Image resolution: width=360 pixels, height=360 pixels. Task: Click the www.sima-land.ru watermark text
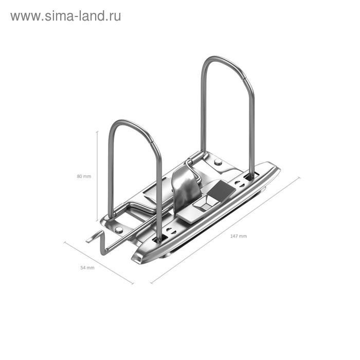(x=65, y=16)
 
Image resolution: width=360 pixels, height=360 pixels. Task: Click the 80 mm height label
(x=83, y=176)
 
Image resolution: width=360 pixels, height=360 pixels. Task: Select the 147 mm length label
(x=239, y=236)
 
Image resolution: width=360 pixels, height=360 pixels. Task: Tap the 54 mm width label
(x=87, y=268)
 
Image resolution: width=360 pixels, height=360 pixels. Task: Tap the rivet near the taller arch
(x=218, y=162)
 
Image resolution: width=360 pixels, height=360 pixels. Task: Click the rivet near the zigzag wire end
(x=119, y=229)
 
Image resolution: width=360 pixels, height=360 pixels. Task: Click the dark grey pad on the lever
(x=222, y=191)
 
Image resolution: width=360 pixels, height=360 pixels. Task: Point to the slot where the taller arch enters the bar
(x=250, y=177)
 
